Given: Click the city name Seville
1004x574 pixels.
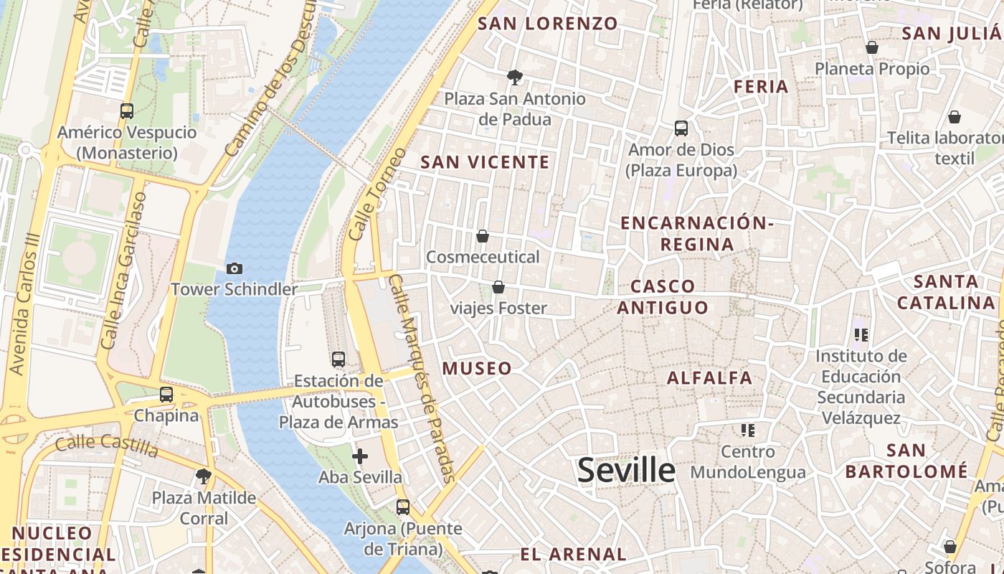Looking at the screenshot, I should [626, 471].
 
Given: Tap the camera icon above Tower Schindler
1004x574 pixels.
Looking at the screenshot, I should [234, 269].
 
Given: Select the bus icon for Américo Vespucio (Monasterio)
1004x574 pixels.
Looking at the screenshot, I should [127, 111].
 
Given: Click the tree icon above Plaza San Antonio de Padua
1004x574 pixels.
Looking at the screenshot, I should [514, 77].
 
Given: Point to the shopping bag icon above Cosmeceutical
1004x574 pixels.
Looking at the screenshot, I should [483, 236].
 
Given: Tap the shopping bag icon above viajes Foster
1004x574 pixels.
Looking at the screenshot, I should [498, 288].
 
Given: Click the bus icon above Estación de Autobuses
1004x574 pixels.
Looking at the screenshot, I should [338, 359].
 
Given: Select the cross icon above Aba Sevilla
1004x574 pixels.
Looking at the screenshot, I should [360, 456].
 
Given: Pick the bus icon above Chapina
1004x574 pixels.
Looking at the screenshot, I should [166, 394].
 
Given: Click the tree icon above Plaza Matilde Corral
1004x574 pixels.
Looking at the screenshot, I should [204, 476].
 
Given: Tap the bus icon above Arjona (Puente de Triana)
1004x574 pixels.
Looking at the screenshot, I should [403, 507].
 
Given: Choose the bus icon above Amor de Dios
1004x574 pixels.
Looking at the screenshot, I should [681, 128].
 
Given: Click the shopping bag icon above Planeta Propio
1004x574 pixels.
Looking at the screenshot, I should [872, 47].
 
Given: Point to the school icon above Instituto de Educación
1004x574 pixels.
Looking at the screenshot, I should [861, 334].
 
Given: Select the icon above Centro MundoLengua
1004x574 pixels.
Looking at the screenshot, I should [748, 430].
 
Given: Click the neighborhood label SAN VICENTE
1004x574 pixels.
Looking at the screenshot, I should [485, 162].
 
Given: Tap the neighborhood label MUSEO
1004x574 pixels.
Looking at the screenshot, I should [478, 369].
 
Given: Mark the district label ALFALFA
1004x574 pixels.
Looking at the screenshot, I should [710, 377].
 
